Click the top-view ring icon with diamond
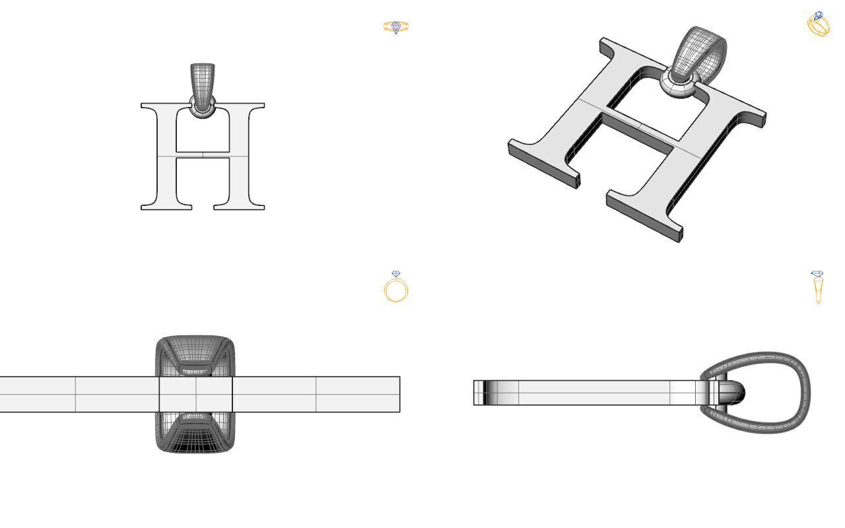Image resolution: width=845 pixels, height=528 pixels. (x=396, y=27)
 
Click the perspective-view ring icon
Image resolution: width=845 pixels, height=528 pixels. (x=819, y=24)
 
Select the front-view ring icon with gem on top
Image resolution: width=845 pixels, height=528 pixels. (x=396, y=288)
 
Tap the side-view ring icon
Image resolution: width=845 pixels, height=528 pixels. (x=817, y=287)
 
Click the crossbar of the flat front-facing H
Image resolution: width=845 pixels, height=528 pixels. (x=203, y=156)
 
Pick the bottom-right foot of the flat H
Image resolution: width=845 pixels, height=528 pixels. (x=239, y=205)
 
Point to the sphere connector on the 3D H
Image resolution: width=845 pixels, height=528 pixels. (x=680, y=84)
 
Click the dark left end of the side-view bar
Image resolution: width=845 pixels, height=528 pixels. (x=480, y=393)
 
